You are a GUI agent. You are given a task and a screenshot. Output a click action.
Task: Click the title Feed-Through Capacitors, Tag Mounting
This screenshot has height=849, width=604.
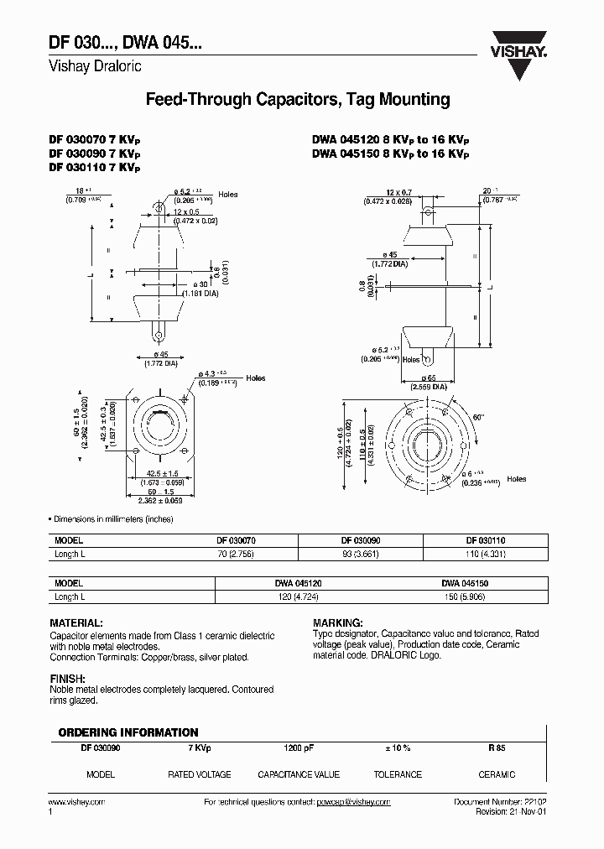[x=298, y=100]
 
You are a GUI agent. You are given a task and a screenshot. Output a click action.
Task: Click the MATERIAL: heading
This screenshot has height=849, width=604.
[x=76, y=623]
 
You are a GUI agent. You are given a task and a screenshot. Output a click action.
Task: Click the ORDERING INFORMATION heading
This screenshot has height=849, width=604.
[x=128, y=732]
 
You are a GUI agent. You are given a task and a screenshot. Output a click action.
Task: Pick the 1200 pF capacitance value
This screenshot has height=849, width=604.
[x=298, y=747]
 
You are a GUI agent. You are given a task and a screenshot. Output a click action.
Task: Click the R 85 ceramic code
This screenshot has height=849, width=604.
[x=497, y=747]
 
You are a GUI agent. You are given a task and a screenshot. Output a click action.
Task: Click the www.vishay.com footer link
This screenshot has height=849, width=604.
[x=77, y=802]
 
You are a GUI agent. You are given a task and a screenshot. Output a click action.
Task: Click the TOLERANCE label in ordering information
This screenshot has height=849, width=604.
[x=398, y=774]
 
